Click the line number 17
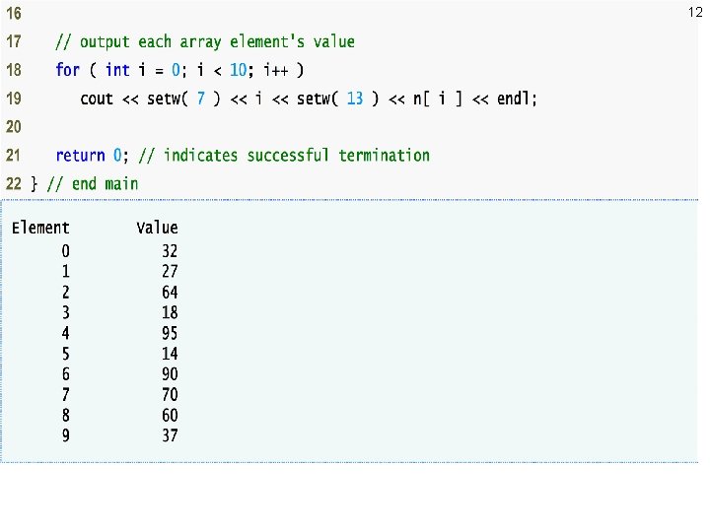tap(13, 42)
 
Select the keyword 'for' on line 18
tap(67, 70)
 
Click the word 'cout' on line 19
tap(97, 99)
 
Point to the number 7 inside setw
tap(201, 99)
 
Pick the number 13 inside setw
tap(355, 99)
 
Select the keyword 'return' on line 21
tap(80, 156)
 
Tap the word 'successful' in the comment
tap(288, 156)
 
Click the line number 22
tap(13, 184)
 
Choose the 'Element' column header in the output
tap(40, 229)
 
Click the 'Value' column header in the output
tap(157, 229)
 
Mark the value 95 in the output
tap(170, 333)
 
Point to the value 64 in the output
tap(170, 292)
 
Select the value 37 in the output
tap(170, 435)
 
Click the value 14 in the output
tap(170, 354)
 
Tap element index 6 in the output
tap(65, 374)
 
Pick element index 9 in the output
tap(65, 435)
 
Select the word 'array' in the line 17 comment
tap(200, 42)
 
